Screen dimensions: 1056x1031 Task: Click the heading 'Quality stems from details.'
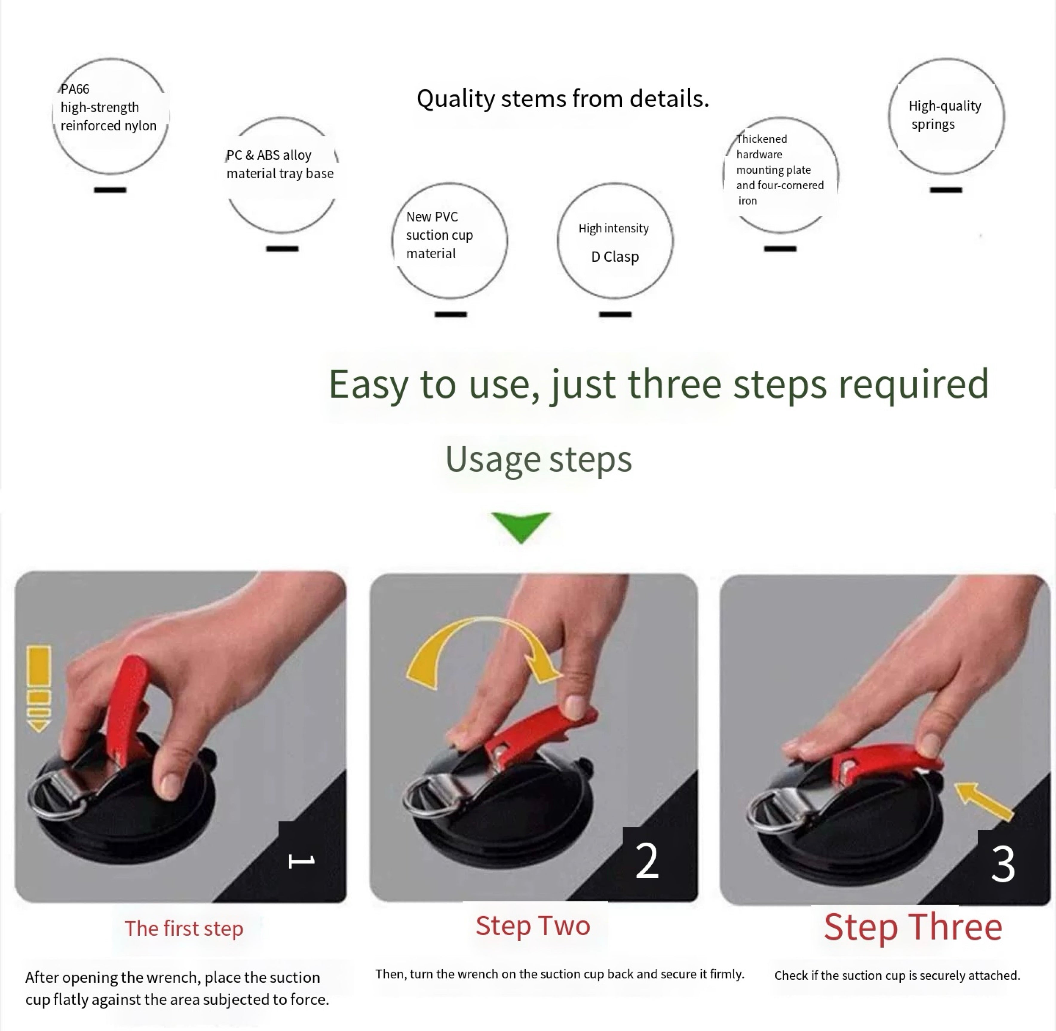pyautogui.click(x=563, y=99)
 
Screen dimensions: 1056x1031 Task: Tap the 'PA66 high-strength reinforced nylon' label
pyautogui.click(x=108, y=107)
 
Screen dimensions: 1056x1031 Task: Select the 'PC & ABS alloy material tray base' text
pyautogui.click(x=280, y=164)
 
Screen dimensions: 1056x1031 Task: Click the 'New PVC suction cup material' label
pyautogui.click(x=439, y=235)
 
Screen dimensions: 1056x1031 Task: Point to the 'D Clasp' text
pyautogui.click(x=615, y=257)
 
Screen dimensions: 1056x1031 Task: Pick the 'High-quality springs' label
pyautogui.click(x=945, y=115)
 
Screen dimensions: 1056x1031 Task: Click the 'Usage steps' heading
pyautogui.click(x=539, y=459)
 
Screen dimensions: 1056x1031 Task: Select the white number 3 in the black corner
pyautogui.click(x=1003, y=865)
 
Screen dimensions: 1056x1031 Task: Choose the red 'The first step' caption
pyautogui.click(x=184, y=928)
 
